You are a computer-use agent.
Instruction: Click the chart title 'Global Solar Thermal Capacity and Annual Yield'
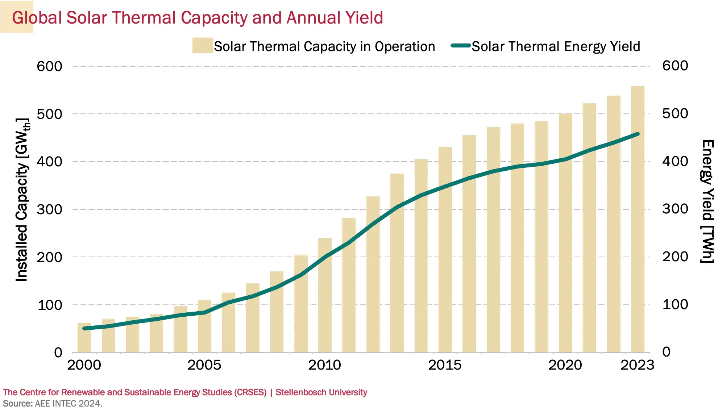click(198, 18)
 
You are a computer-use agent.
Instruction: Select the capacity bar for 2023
click(638, 219)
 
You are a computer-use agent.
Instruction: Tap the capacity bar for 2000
click(84, 338)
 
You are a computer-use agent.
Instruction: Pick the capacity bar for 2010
click(325, 295)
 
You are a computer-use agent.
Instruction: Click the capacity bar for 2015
click(445, 250)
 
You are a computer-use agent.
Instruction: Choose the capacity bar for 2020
click(565, 233)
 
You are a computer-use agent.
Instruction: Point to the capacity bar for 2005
click(204, 326)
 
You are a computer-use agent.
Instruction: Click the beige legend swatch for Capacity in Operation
click(203, 46)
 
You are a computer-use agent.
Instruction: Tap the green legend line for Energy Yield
click(461, 46)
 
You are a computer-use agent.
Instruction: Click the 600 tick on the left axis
click(49, 66)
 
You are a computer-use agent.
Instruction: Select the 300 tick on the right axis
click(675, 209)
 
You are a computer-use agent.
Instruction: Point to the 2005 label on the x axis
click(204, 365)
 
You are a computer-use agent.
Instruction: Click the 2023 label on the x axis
click(638, 365)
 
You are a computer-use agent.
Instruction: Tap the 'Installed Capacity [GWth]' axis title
click(22, 199)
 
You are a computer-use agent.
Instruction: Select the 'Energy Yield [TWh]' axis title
click(708, 201)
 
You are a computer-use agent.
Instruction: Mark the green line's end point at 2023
click(638, 134)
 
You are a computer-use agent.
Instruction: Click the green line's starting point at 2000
click(84, 328)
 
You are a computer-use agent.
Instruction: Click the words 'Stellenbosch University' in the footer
click(321, 392)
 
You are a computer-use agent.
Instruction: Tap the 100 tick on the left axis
click(50, 305)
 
